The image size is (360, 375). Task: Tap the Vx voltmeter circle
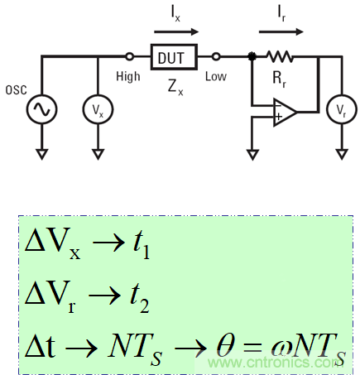98,109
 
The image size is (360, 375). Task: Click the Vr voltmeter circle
339,109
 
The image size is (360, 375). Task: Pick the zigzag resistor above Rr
280,57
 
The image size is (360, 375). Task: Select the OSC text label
14,89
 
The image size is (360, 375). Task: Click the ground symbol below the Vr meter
339,153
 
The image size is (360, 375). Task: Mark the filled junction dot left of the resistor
252,57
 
